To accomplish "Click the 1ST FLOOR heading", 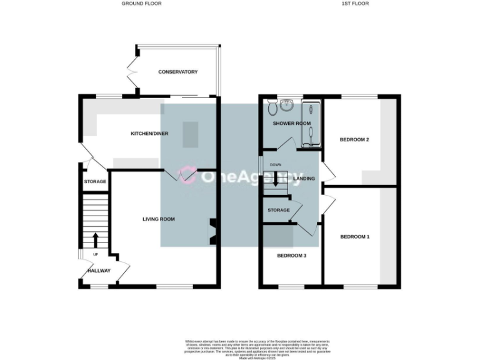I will [355, 4].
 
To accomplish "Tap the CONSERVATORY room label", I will [177, 72].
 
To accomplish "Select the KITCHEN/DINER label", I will [149, 134].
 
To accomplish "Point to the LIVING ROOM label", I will [158, 219].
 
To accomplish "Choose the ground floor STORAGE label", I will [95, 182].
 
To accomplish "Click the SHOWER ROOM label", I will [291, 124].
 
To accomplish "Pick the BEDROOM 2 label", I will [354, 139].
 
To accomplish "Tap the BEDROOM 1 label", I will [354, 237].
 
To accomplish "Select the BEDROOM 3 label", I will [291, 255].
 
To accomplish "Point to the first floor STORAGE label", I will [279, 210].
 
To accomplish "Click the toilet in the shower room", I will [272, 108].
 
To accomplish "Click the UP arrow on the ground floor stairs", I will [95, 240].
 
